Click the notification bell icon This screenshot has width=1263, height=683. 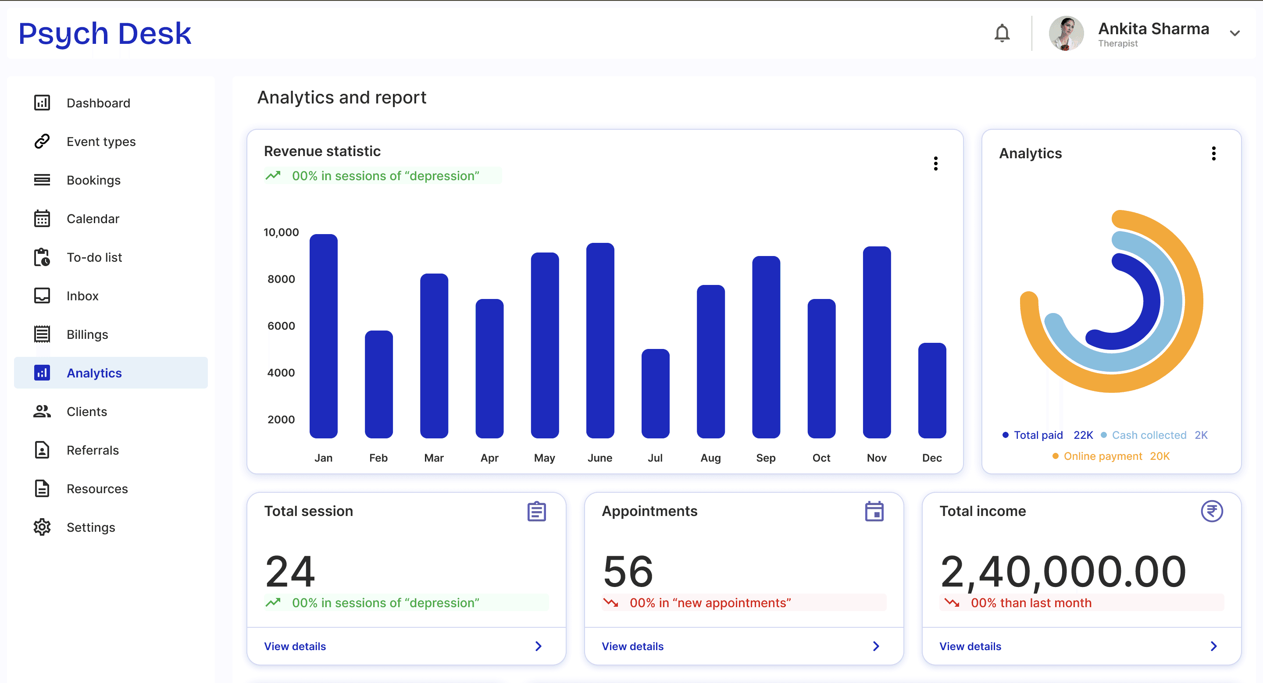1002,33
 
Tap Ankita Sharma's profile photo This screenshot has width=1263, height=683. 1066,33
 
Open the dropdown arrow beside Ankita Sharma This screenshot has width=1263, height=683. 1234,33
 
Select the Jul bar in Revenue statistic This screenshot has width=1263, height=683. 655,393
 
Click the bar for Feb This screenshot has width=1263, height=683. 378,384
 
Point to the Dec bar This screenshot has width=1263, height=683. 932,391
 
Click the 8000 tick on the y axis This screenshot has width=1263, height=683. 281,279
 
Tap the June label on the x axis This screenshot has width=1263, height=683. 599,458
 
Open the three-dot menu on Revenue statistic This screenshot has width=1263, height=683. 935,163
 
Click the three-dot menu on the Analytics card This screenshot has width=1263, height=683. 1213,153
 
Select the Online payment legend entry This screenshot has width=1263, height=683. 1111,456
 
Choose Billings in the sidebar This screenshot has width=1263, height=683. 87,334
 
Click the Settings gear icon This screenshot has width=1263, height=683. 42,527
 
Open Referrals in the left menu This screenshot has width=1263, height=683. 93,450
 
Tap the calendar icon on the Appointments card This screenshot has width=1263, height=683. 874,511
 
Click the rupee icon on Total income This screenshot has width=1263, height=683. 1212,511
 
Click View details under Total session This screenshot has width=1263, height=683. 295,646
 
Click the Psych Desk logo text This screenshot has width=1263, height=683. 105,33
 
